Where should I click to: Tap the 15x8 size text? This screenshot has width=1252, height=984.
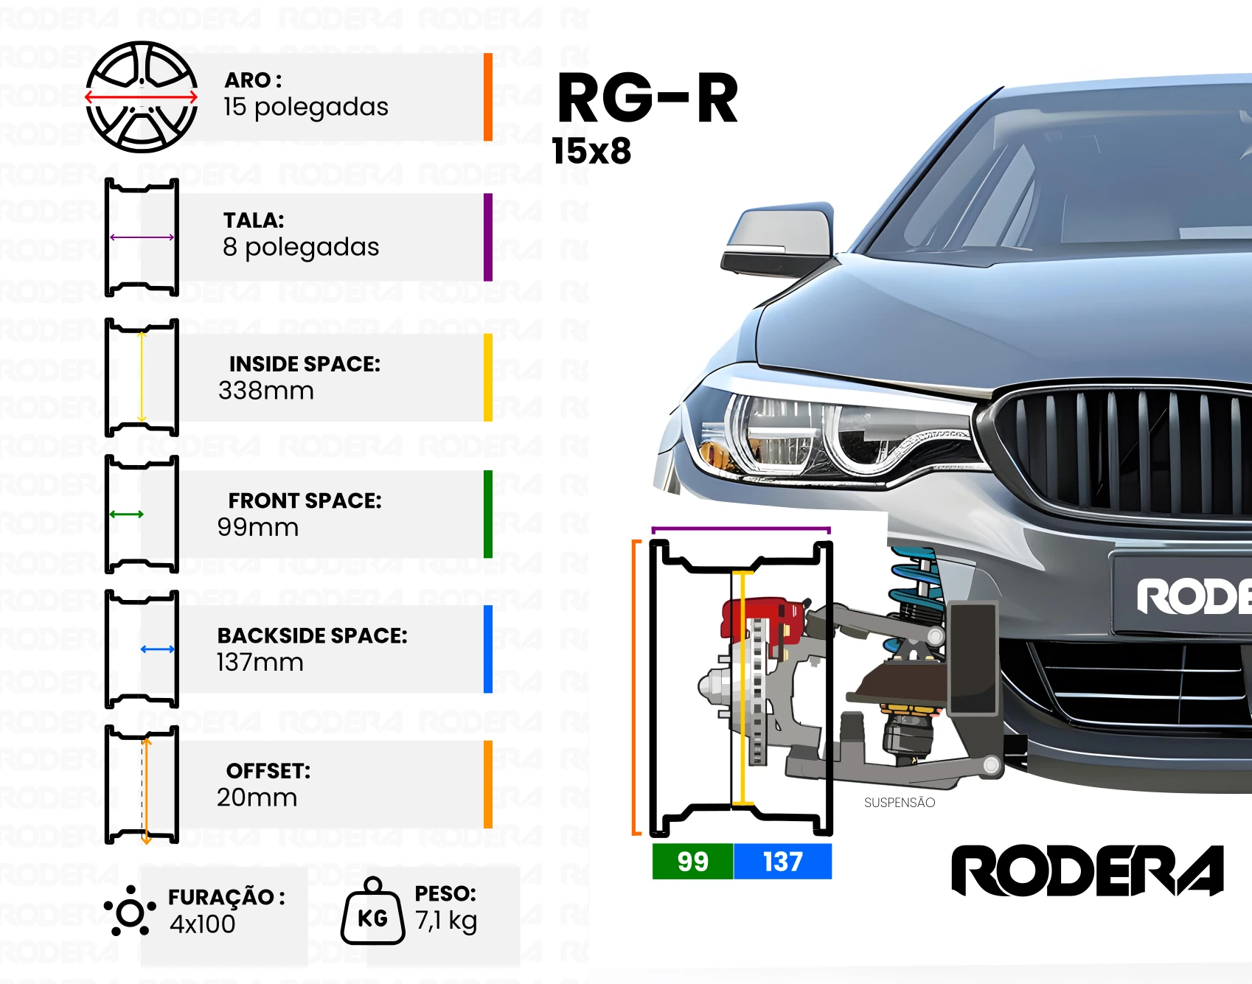pos(591,151)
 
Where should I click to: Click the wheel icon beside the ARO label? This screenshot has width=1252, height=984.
pos(142,97)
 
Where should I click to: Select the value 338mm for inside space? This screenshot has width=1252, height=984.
pos(266,390)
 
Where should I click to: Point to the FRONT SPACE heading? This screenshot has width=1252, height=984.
pos(305,500)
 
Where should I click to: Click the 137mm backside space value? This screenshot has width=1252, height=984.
pos(260,662)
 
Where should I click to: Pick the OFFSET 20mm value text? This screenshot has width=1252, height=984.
pos(257,797)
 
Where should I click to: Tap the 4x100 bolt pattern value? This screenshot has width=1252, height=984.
pos(203,924)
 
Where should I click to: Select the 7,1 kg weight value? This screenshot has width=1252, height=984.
pos(446,921)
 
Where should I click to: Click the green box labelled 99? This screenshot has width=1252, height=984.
pos(693,861)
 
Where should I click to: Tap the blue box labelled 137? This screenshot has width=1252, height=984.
pos(783,861)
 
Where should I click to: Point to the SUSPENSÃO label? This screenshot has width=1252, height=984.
pos(900,803)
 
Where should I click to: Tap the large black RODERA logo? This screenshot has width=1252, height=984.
pos(1088,870)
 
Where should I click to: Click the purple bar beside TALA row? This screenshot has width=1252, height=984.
pos(488,237)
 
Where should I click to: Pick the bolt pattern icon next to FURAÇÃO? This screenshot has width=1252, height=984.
pos(130,912)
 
